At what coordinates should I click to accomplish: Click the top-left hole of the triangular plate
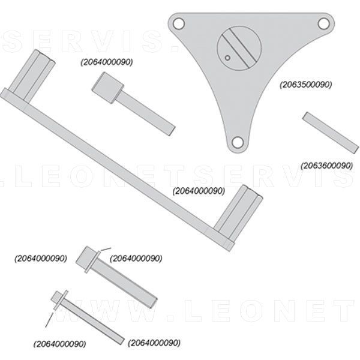178,24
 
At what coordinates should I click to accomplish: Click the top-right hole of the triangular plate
323,23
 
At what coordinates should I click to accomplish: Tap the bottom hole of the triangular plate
238,142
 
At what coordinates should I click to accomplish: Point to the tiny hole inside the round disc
229,58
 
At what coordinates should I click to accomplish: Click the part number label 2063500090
306,85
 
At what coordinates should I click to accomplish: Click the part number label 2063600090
326,166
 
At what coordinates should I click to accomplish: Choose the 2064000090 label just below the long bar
199,191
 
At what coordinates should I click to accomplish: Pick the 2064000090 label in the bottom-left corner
60,344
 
